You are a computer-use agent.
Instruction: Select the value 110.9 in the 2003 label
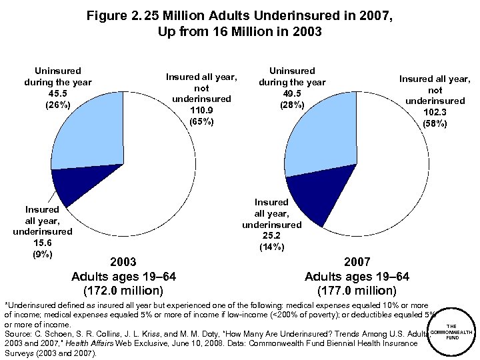[201, 110]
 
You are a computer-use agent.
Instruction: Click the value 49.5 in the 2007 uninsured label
[292, 93]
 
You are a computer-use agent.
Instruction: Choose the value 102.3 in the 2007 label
[435, 112]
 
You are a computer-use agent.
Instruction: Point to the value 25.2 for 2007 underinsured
[271, 235]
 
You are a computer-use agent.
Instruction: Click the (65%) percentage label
[201, 121]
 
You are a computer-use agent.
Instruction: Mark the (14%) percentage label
[271, 247]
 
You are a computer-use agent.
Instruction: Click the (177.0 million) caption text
[357, 290]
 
